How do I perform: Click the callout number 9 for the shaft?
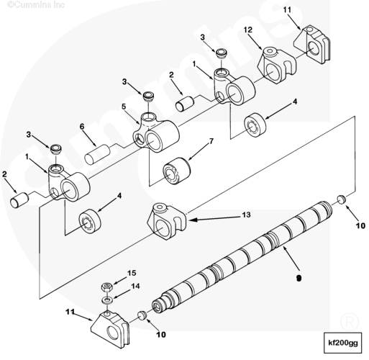tap(299, 278)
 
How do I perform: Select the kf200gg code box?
tap(342, 343)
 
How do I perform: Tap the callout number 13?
tap(246, 215)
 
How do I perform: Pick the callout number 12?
tap(248, 30)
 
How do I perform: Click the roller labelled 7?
tap(177, 171)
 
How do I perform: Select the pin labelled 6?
tap(97, 154)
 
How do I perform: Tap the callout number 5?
tap(124, 107)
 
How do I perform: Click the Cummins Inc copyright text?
tap(36, 4)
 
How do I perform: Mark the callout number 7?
tap(211, 141)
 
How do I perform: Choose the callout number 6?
tap(82, 126)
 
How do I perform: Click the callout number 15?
tap(132, 273)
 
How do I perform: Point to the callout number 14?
tap(135, 286)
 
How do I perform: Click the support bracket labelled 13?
tap(167, 221)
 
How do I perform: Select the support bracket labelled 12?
tap(276, 66)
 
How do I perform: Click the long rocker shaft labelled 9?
tap(242, 257)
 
